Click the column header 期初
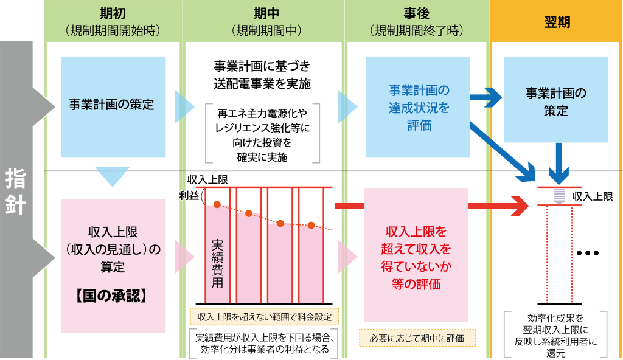[x=113, y=14]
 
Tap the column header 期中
[x=266, y=14]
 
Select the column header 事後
[x=416, y=14]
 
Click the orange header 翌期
[x=557, y=22]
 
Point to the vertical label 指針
[x=15, y=192]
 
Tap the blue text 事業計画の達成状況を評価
[x=419, y=108]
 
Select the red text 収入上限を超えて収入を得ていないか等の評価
[x=416, y=257]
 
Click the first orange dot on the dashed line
[x=217, y=205]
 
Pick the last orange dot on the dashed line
[x=311, y=225]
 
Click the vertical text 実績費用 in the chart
[x=217, y=264]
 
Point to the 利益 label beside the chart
[x=189, y=195]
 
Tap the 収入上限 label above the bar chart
[x=207, y=179]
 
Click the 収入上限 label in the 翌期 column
[x=593, y=196]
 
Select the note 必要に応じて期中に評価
[x=417, y=339]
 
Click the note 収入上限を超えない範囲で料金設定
[x=264, y=317]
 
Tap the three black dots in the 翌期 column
[x=587, y=253]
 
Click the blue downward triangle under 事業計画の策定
[x=113, y=175]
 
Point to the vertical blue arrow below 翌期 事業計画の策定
[x=559, y=164]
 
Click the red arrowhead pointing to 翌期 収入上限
[x=521, y=206]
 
